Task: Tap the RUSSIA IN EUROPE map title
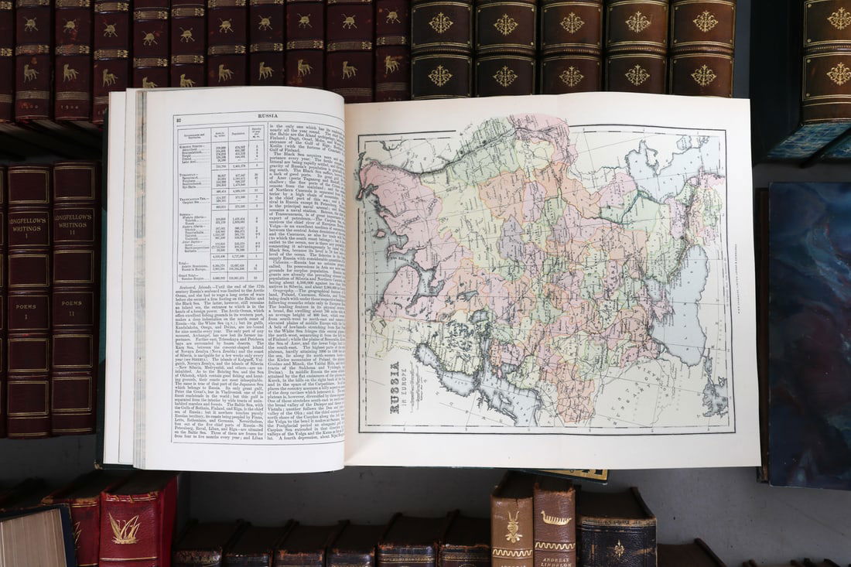pyautogui.click(x=395, y=387)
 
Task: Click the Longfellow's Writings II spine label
pyautogui.click(x=74, y=224)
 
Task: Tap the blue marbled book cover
pyautogui.click(x=808, y=333)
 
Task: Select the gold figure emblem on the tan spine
pyautogui.click(x=512, y=527)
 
